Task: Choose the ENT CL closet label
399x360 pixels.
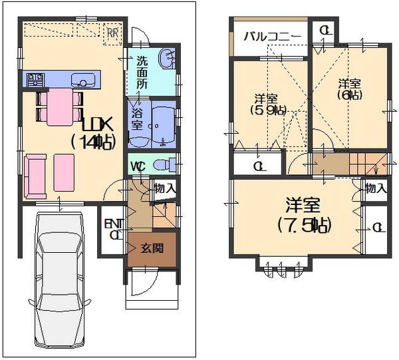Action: click(113, 229)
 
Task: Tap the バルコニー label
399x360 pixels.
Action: click(264, 36)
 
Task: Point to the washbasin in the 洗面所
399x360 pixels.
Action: click(167, 61)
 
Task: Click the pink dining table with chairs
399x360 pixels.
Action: click(59, 106)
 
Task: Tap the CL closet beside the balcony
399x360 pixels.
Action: click(323, 31)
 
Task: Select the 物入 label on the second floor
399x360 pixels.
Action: click(376, 188)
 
